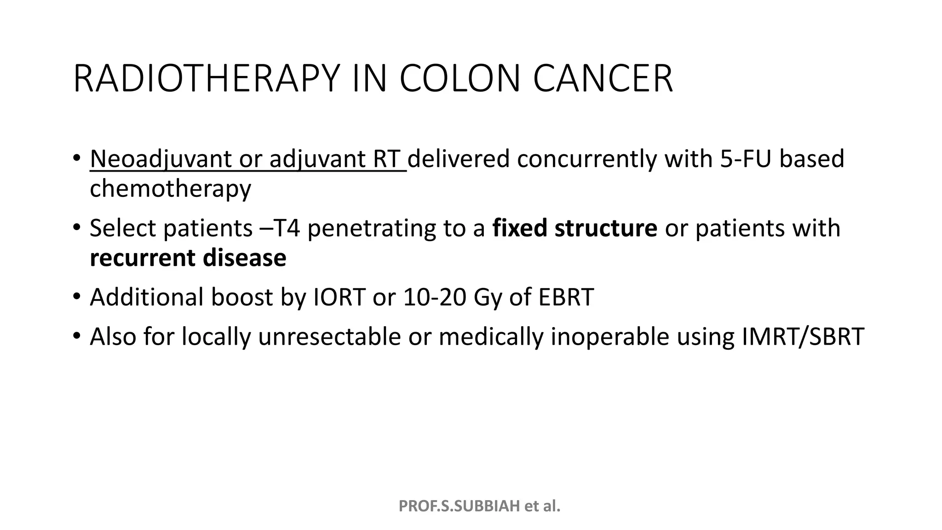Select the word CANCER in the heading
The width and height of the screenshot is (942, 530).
click(x=603, y=79)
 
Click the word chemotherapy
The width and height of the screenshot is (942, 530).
click(x=170, y=189)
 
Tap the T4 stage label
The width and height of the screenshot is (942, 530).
click(x=286, y=228)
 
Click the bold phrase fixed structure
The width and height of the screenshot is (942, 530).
click(x=574, y=228)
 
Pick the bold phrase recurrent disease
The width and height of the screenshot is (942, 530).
click(x=188, y=258)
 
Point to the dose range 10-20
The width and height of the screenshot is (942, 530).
click(x=433, y=297)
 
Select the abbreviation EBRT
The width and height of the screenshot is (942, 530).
click(x=566, y=297)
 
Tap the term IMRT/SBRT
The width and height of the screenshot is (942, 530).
click(x=803, y=337)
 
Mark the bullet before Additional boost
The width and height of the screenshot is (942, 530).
click(x=76, y=296)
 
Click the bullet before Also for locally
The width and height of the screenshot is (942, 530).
click(x=76, y=336)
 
